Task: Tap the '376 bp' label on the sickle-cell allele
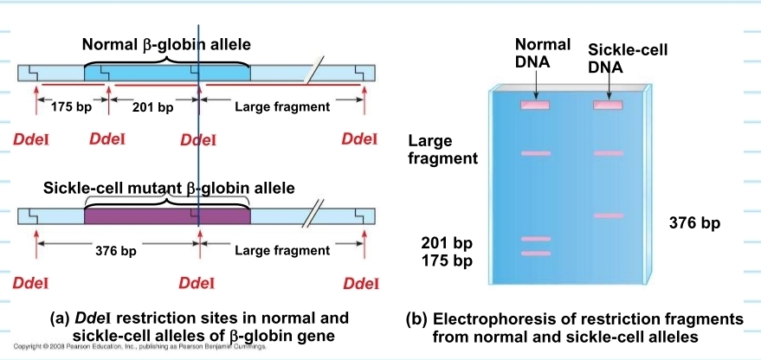[x=115, y=251]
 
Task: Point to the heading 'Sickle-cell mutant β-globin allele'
[x=169, y=188]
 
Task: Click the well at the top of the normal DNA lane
[x=535, y=106]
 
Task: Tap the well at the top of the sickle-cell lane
[x=608, y=106]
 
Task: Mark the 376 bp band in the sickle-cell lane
[x=608, y=215]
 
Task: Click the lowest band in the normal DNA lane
[x=535, y=254]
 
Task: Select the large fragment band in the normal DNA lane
[x=535, y=153]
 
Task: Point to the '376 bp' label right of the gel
[x=694, y=224]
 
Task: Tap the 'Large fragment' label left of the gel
[x=442, y=149]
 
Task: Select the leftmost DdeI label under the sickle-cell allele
[x=30, y=283]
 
